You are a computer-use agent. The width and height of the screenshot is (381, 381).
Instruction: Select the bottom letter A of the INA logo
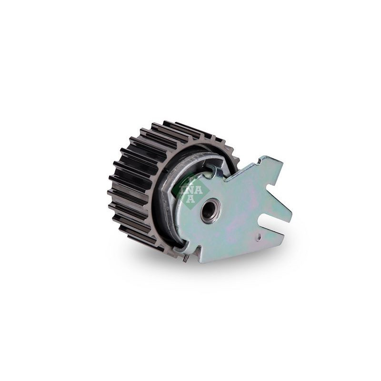pos(191,198)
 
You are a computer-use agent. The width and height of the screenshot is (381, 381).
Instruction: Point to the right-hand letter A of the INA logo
pos(199,190)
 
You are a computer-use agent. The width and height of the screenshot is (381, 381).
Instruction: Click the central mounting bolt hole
pos(211,210)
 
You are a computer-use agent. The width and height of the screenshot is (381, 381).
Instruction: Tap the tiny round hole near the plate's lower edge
pos(259,235)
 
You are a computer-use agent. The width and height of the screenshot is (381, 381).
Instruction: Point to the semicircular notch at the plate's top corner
pos(261,160)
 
